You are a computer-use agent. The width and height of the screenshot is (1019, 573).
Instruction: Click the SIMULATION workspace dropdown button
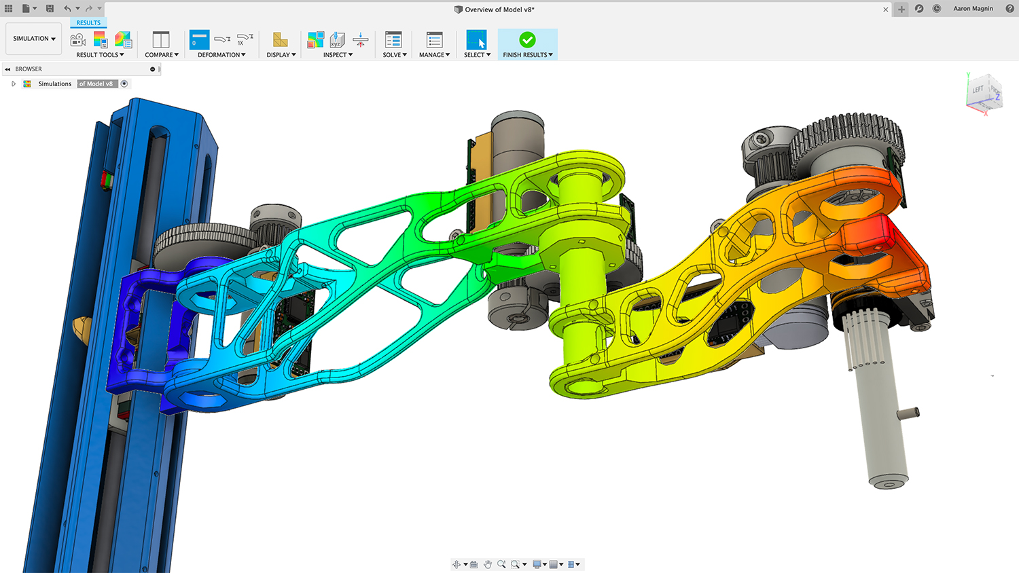tap(34, 39)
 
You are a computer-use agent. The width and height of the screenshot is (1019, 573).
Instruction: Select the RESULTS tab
tap(88, 22)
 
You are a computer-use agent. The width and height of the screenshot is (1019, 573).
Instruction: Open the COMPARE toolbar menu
tap(162, 54)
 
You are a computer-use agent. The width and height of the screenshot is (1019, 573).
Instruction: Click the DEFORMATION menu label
tap(221, 54)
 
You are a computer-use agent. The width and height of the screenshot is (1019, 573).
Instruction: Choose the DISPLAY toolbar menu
tap(281, 54)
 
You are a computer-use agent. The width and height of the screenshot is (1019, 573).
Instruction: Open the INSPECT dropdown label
tap(338, 54)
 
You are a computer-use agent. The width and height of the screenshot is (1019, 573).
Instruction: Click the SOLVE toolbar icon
tap(393, 40)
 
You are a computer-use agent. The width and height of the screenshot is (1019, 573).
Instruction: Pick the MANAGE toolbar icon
tap(435, 40)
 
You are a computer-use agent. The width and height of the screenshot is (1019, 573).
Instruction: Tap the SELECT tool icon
tap(476, 40)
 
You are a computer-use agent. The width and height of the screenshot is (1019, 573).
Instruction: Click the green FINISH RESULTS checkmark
tap(528, 40)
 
